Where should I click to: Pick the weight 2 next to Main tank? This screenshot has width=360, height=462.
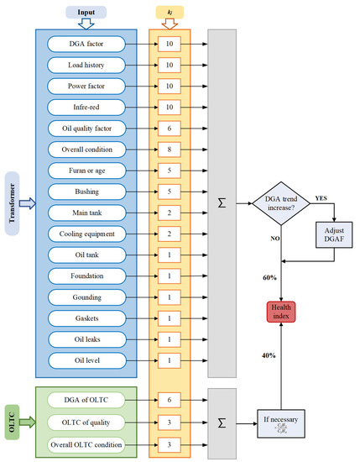click(170, 212)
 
